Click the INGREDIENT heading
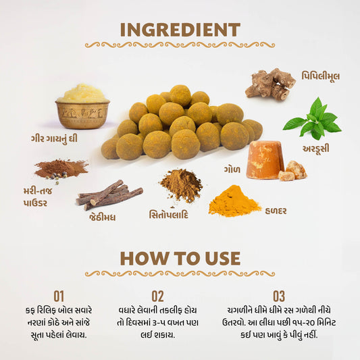(x=180, y=30)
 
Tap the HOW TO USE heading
(x=180, y=259)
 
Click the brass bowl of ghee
(x=82, y=107)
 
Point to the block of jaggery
(x=266, y=160)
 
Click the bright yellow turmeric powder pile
(x=234, y=201)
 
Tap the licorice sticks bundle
(x=109, y=195)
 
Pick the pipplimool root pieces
(x=270, y=84)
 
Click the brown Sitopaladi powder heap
(x=181, y=185)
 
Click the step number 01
(x=59, y=297)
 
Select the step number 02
(x=158, y=297)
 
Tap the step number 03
(x=279, y=297)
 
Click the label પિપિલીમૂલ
(x=321, y=76)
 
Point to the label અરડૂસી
(x=316, y=149)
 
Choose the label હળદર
(x=276, y=211)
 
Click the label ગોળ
(x=232, y=170)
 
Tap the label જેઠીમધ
(x=103, y=217)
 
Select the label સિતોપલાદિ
(x=169, y=214)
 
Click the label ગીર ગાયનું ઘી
(x=54, y=139)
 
